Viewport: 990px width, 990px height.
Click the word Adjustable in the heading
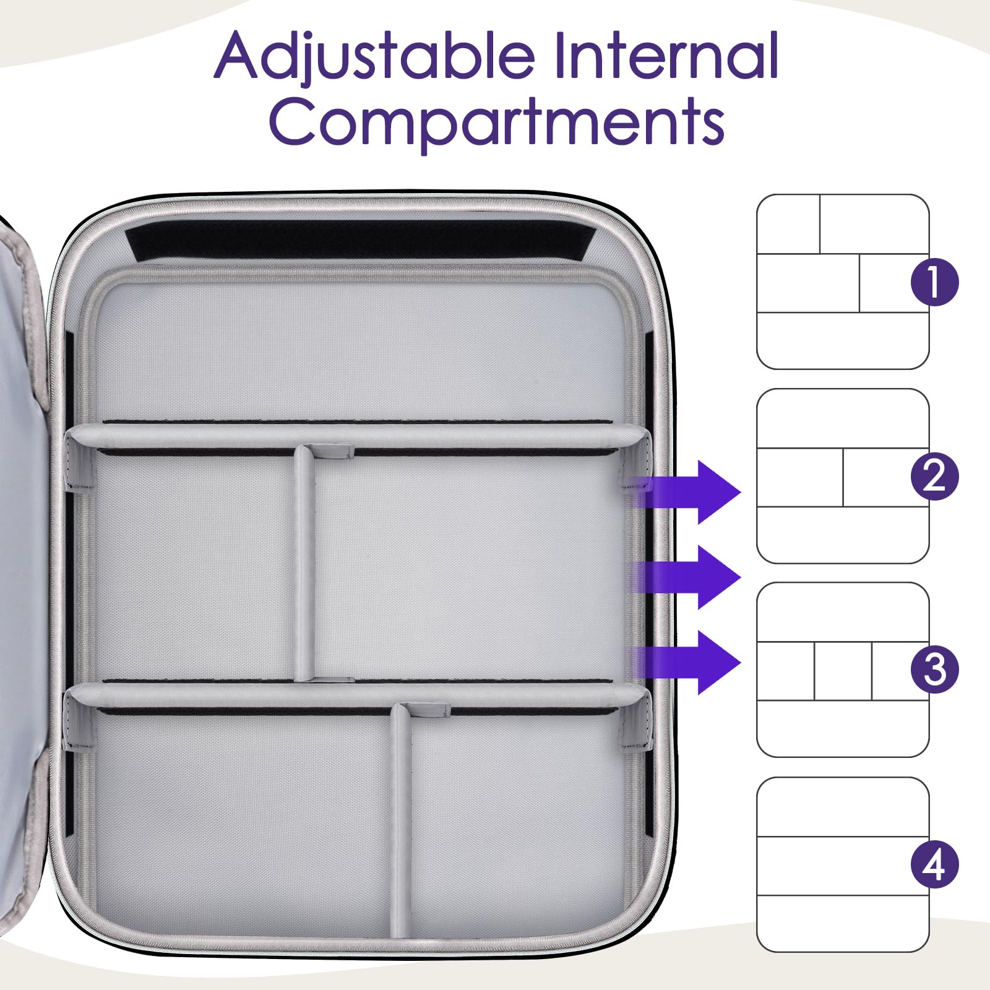374,57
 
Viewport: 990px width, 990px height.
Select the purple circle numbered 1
934,282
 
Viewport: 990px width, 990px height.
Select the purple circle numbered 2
934,476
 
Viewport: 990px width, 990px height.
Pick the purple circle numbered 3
934,669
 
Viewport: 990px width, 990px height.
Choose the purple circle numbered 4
934,864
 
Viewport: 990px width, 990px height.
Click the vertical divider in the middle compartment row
303,563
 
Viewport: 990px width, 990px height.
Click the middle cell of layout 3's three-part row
843,671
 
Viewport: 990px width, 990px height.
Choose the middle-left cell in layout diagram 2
799,477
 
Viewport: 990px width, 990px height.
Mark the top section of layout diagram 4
843,807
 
